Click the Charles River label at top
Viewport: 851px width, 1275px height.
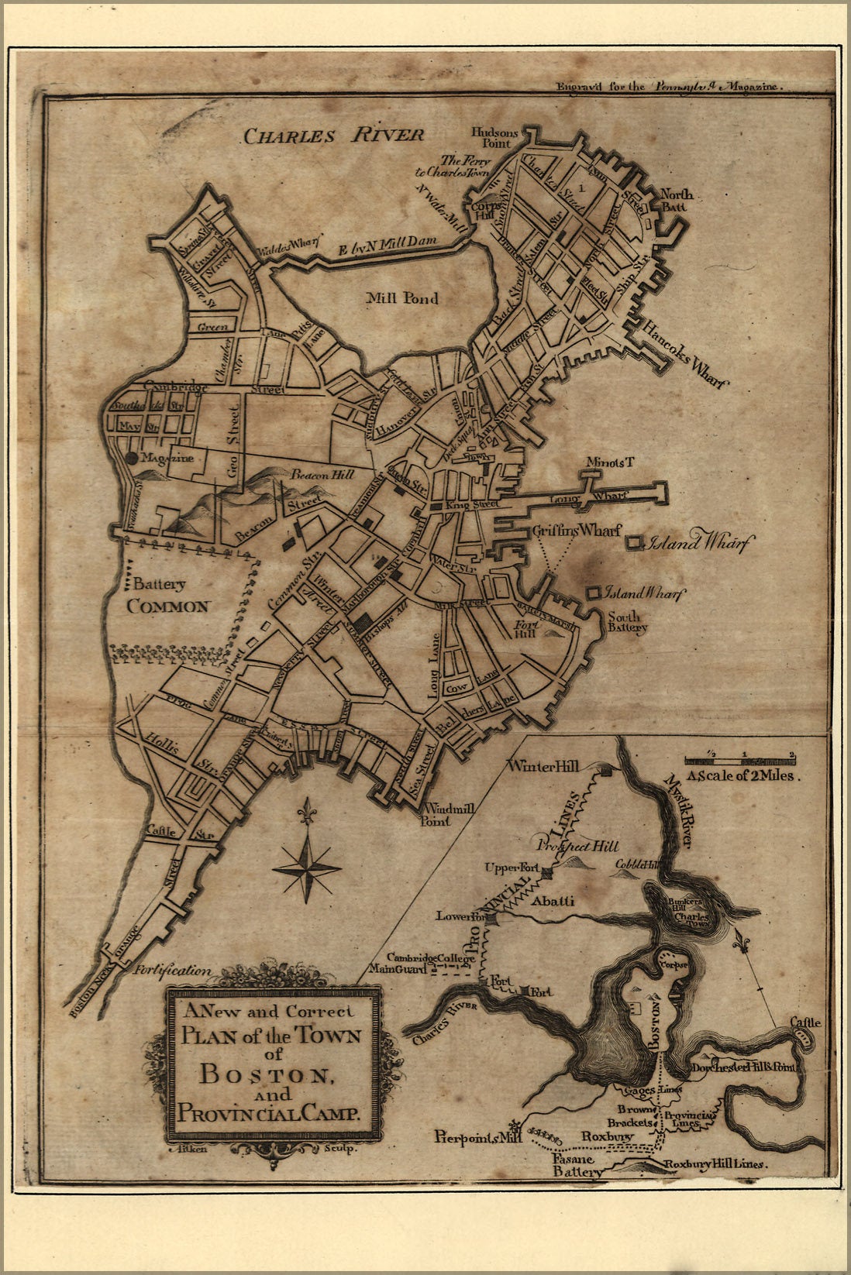334,136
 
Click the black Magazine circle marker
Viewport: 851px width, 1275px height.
132,459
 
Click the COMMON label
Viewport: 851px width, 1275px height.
169,607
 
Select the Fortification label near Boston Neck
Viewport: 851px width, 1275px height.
171,969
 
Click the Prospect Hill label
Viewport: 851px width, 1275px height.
577,846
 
